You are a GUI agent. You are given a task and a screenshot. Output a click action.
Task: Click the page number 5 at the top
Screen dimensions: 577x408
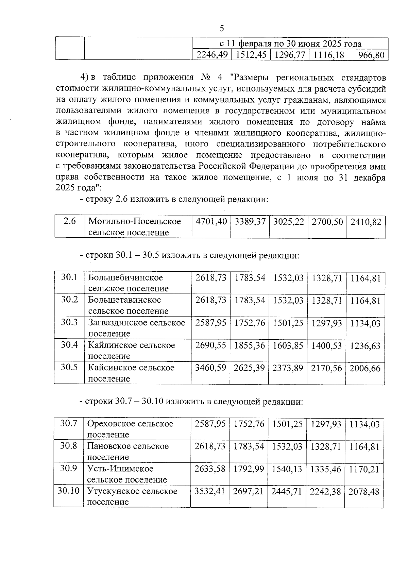click(222, 29)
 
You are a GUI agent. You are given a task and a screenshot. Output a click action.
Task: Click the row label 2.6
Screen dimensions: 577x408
click(70, 221)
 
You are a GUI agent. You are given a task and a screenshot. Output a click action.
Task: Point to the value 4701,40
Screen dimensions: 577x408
click(211, 222)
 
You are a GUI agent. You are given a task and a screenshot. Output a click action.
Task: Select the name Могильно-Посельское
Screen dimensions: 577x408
click(135, 222)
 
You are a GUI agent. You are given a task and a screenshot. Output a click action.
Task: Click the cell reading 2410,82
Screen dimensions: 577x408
click(366, 222)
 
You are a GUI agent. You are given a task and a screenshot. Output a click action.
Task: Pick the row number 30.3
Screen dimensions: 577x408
click(69, 322)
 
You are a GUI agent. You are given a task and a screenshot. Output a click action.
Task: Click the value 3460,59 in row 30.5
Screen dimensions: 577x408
click(210, 368)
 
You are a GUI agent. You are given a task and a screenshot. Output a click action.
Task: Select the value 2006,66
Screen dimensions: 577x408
click(365, 369)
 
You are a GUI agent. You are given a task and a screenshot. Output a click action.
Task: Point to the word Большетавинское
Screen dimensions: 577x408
click(124, 300)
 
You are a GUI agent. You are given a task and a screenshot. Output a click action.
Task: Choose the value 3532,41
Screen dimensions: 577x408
click(210, 492)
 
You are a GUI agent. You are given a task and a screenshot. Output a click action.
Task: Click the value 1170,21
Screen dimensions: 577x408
click(364, 470)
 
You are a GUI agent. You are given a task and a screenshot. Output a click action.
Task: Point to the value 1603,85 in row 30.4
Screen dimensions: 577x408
click(288, 346)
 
